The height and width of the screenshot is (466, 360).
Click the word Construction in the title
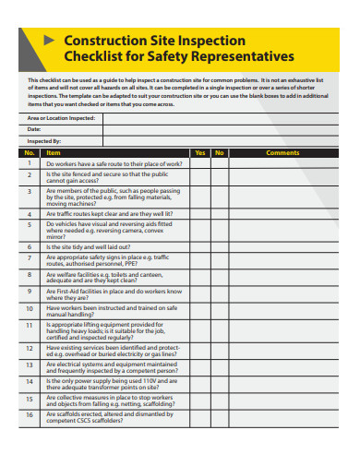point(99,42)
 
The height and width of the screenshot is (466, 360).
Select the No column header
point(219,152)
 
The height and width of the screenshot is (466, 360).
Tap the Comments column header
point(282,152)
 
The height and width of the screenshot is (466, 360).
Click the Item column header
point(54,152)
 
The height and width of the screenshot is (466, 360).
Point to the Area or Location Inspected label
point(61,118)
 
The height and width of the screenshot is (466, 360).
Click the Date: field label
point(34,129)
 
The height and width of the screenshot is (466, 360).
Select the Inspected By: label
point(42,140)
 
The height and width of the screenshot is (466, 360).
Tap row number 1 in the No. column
point(30,162)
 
